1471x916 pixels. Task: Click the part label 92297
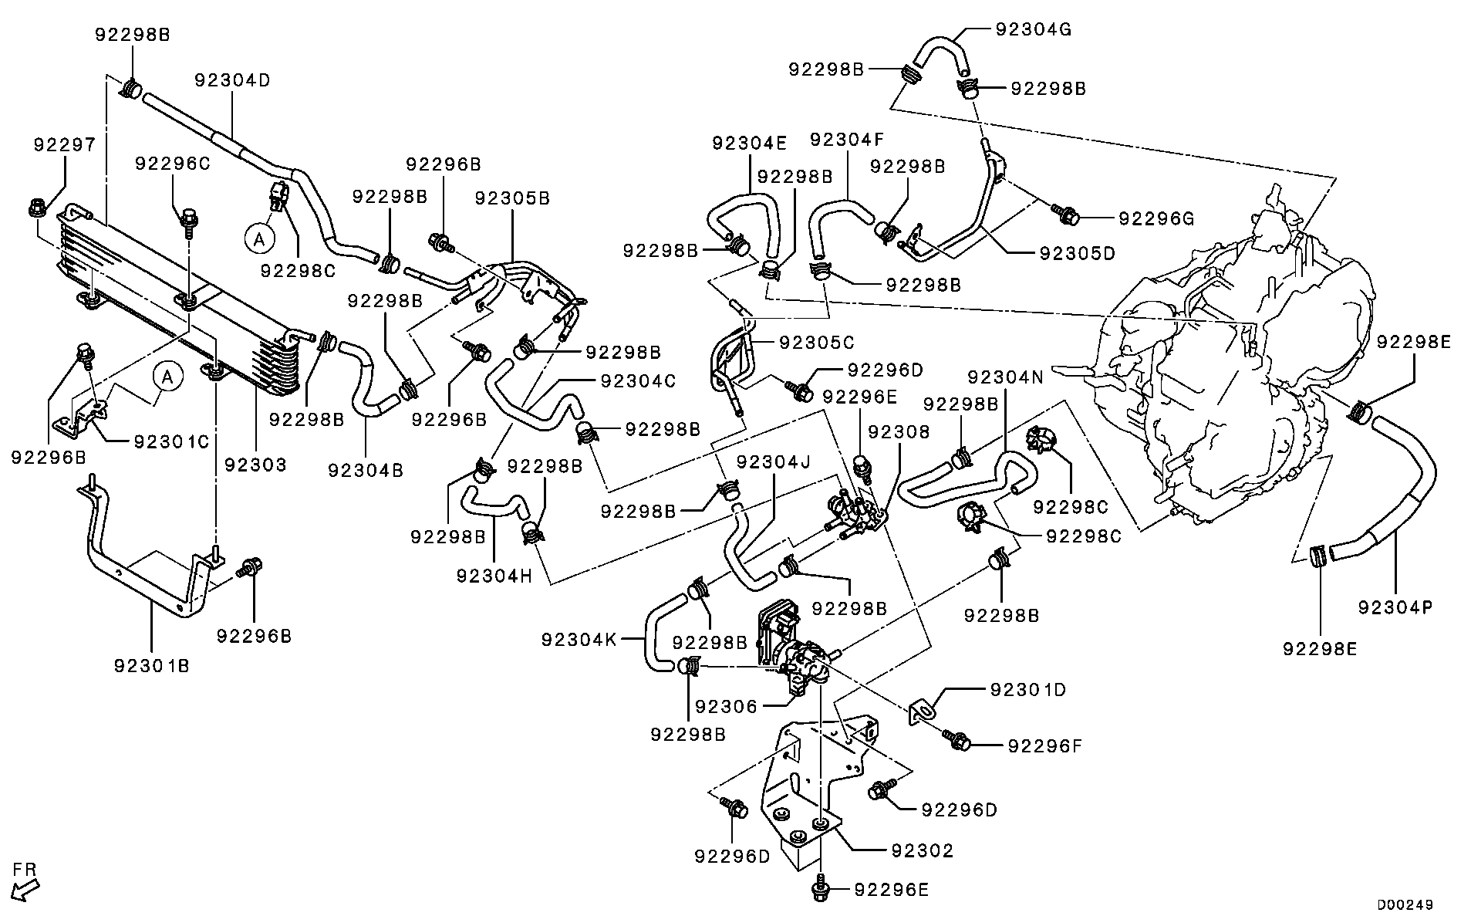click(x=65, y=144)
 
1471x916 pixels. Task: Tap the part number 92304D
click(x=232, y=80)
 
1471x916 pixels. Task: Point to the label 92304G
click(x=1034, y=29)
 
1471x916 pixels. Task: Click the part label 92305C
click(x=817, y=342)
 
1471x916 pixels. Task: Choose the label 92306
click(x=726, y=706)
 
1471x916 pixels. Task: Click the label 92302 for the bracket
click(x=922, y=850)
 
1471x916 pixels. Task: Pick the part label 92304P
click(x=1395, y=607)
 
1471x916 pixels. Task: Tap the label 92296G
click(x=1156, y=218)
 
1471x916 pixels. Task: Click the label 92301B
click(x=151, y=664)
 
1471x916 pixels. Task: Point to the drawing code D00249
click(x=1405, y=904)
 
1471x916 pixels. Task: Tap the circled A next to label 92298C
click(x=260, y=239)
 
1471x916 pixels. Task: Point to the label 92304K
click(x=579, y=640)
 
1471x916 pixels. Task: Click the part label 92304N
click(x=1005, y=377)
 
